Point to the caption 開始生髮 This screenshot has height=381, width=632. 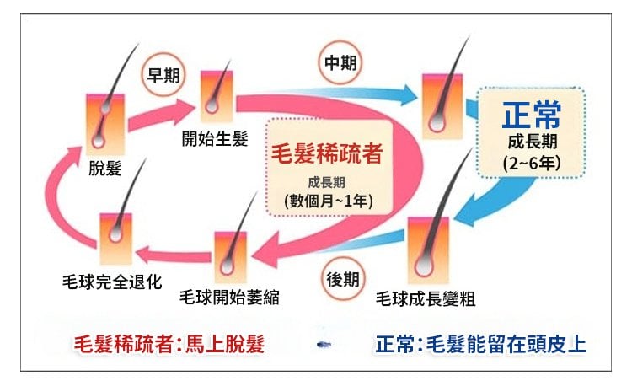click(215, 138)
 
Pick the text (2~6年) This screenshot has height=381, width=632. click(531, 161)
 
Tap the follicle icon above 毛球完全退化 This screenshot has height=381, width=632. click(115, 239)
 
